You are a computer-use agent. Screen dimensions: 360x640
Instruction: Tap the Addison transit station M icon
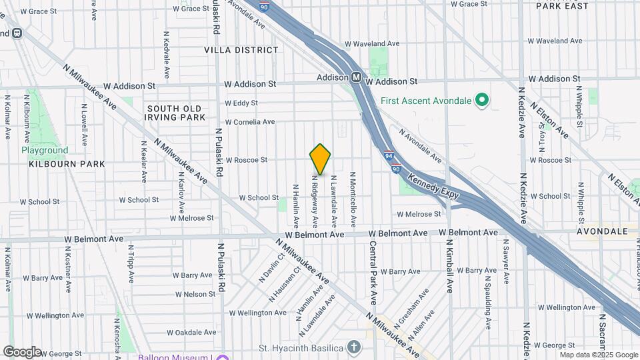(x=357, y=77)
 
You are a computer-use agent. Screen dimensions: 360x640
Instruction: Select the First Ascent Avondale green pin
(x=482, y=101)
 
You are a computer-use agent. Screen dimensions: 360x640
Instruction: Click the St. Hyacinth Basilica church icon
(x=353, y=347)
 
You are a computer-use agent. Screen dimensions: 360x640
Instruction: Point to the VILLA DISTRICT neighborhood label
(x=241, y=50)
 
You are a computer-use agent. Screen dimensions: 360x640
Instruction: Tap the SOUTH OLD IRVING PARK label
(x=176, y=113)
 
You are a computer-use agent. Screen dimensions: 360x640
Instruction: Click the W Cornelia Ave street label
(x=250, y=122)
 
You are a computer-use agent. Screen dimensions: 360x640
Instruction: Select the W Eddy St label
(x=241, y=103)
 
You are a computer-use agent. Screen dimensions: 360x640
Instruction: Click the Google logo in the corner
(x=22, y=351)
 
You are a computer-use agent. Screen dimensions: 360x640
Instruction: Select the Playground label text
(x=45, y=150)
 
